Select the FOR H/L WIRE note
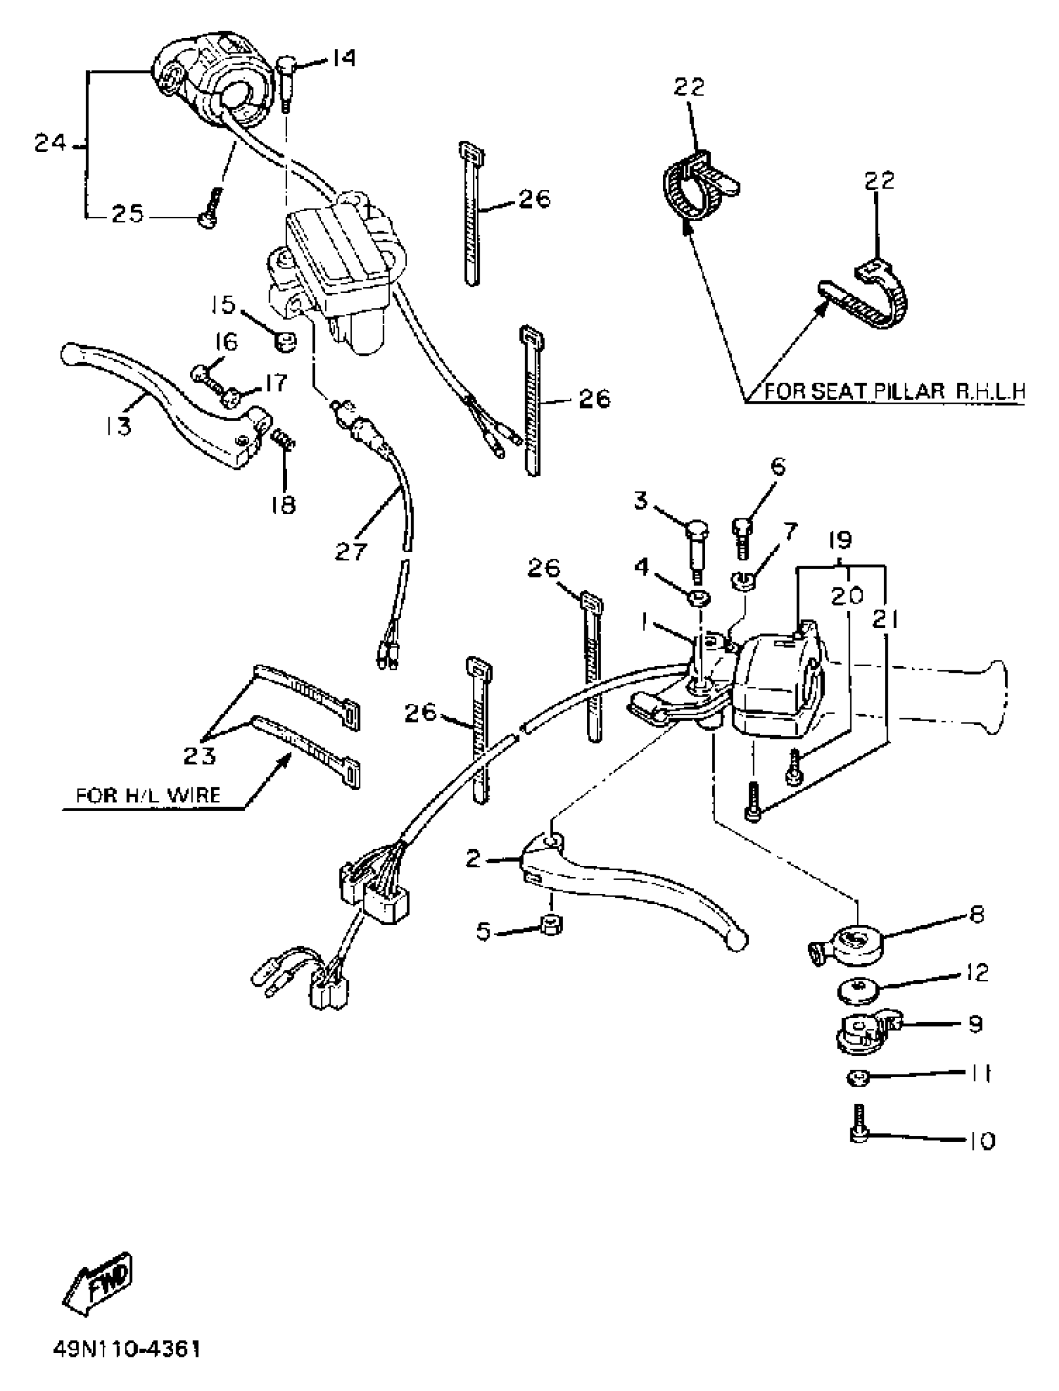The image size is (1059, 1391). click(148, 795)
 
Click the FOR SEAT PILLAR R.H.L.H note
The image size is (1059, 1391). click(895, 391)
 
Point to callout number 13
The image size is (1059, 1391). click(119, 427)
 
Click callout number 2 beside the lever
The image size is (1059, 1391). click(473, 858)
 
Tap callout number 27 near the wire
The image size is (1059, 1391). click(351, 551)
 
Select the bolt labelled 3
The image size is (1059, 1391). click(696, 543)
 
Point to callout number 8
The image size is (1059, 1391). click(976, 914)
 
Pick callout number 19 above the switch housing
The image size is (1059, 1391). click(841, 540)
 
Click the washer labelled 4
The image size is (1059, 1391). click(698, 597)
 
